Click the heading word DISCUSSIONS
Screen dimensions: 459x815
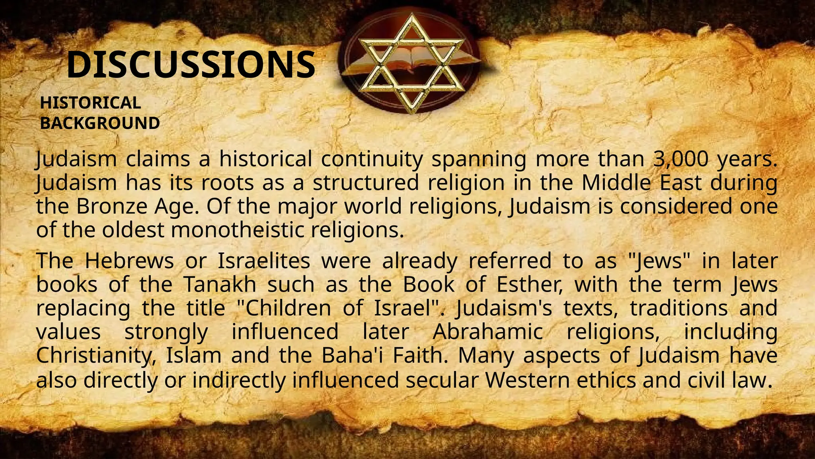[x=191, y=65]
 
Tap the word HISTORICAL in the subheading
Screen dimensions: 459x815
[x=90, y=103]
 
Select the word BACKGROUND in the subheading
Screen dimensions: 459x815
[x=100, y=123]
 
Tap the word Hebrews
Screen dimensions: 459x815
[x=129, y=261]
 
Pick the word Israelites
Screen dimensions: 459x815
[x=264, y=261]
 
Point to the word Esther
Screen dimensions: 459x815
[x=529, y=284]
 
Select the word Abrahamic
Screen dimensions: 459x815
[x=487, y=332]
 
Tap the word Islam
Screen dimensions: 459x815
[x=193, y=355]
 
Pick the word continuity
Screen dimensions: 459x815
[x=372, y=159]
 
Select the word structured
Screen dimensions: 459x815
[x=366, y=183]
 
